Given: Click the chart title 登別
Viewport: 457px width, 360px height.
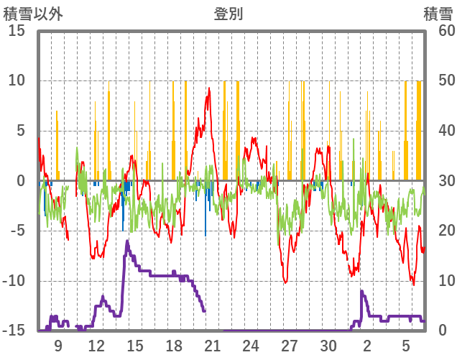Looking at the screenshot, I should point(228,14).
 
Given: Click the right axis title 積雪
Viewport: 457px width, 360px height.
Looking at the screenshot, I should point(438,14).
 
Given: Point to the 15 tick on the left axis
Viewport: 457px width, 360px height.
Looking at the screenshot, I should point(17,31).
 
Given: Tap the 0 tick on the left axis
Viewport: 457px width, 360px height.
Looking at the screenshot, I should point(21,181).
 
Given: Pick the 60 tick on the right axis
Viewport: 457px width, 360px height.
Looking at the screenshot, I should point(437,31).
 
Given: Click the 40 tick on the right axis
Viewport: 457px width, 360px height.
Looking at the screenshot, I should point(437,131).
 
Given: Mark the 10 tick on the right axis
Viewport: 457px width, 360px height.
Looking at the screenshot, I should point(437,281).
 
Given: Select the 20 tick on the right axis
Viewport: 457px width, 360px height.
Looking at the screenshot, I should point(437,231).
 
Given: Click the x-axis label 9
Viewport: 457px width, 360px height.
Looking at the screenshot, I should point(58,346).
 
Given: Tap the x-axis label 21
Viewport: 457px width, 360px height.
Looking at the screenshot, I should point(212,346).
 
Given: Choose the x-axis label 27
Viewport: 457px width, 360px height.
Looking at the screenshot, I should point(289,346).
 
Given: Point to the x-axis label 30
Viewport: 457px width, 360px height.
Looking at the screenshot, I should point(328,346).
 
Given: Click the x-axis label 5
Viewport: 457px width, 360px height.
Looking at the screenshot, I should point(405,346).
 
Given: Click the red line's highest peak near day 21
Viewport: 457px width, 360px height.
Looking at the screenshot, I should point(209,88).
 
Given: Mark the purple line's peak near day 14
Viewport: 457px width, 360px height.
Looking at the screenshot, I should point(127,241).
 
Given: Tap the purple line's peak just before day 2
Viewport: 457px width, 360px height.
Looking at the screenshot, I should point(361,291).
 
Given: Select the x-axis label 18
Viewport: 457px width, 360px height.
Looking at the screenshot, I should point(174,346).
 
